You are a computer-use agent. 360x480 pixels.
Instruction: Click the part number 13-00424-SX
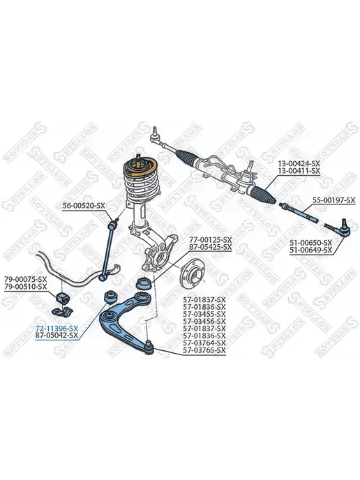[x=299, y=163]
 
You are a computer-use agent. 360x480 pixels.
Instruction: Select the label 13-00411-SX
[x=299, y=171]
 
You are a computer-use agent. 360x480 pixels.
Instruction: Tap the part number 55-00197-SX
[x=333, y=200]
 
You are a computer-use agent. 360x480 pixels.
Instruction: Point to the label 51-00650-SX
[x=310, y=243]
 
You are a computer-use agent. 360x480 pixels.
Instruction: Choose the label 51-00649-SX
[x=310, y=250]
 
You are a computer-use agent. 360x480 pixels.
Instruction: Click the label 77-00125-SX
[x=210, y=239]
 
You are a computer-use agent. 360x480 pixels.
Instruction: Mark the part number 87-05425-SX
[x=210, y=247]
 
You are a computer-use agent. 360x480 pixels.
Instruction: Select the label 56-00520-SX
[x=84, y=206]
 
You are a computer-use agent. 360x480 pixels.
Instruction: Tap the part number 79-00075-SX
[x=25, y=279]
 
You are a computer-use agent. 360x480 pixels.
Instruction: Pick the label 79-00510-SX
[x=25, y=287]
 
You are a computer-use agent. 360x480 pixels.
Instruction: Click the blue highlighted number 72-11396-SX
[x=57, y=328]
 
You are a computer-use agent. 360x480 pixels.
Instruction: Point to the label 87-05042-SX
[x=57, y=336]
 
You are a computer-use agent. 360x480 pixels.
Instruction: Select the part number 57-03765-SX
[x=204, y=350]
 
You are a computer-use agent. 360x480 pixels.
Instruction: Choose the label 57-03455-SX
[x=204, y=314]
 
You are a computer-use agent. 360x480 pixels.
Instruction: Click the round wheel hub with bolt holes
[x=192, y=273]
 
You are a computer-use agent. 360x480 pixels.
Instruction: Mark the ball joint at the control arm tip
[x=149, y=347]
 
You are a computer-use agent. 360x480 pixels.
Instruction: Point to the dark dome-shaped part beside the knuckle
[x=143, y=283]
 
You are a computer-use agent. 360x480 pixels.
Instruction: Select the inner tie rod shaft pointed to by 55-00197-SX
[x=299, y=212]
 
